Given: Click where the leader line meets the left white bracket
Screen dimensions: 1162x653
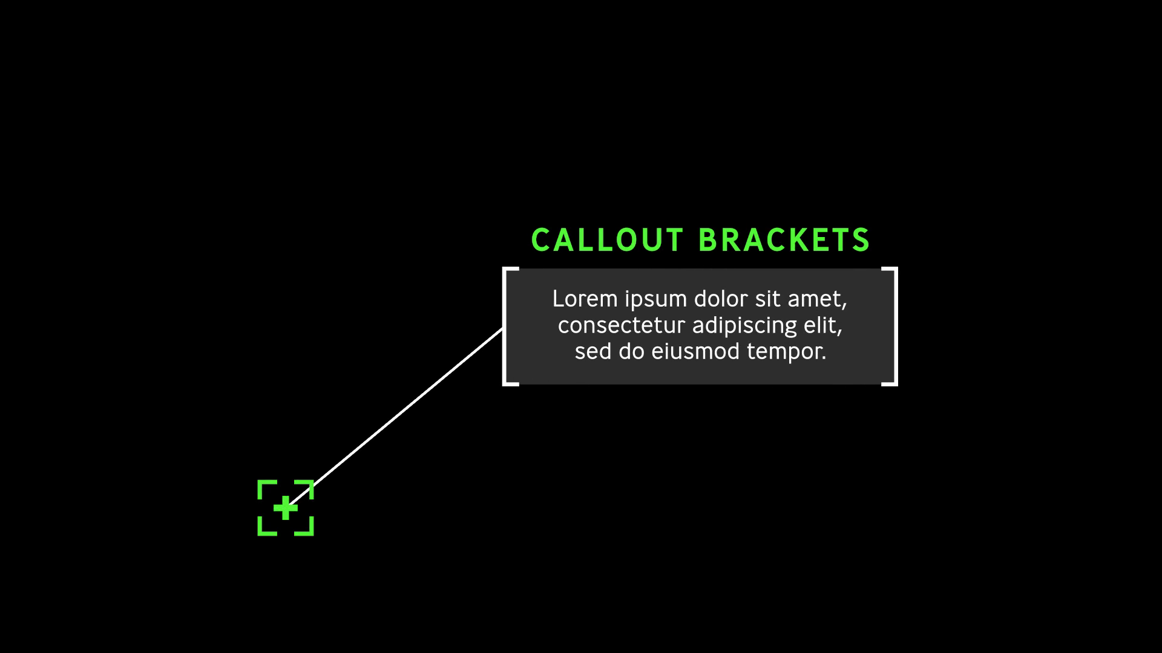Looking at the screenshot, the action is point(504,329).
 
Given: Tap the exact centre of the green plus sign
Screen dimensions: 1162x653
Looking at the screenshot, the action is point(286,508).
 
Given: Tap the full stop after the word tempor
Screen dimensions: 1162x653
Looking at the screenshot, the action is point(824,359).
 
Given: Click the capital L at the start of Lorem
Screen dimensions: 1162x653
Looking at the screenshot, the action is point(559,299).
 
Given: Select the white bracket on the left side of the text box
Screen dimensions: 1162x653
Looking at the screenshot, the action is point(510,326).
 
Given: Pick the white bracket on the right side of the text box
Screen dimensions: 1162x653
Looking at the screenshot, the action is point(890,326).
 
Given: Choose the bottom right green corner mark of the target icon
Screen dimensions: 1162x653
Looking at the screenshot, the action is point(304,527).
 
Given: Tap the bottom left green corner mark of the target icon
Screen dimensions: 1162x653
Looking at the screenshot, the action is point(267,527).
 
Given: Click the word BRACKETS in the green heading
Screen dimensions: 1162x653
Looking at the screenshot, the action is point(784,240).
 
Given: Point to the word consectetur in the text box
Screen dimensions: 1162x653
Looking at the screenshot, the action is point(622,325).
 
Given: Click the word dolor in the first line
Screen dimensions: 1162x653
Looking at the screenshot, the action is point(721,299).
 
